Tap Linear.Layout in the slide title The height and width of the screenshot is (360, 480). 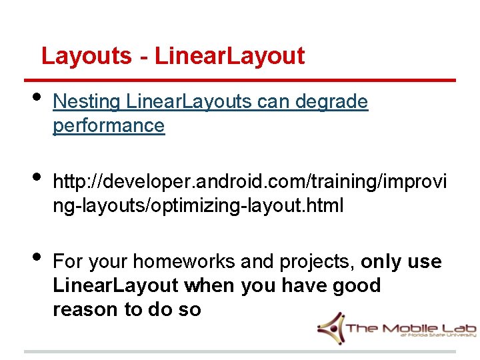pos(229,56)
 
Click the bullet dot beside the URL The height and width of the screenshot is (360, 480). pos(34,177)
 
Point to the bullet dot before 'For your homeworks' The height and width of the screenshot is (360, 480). pos(34,257)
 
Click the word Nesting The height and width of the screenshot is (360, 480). pos(87,102)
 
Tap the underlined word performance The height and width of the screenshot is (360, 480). pos(109,125)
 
